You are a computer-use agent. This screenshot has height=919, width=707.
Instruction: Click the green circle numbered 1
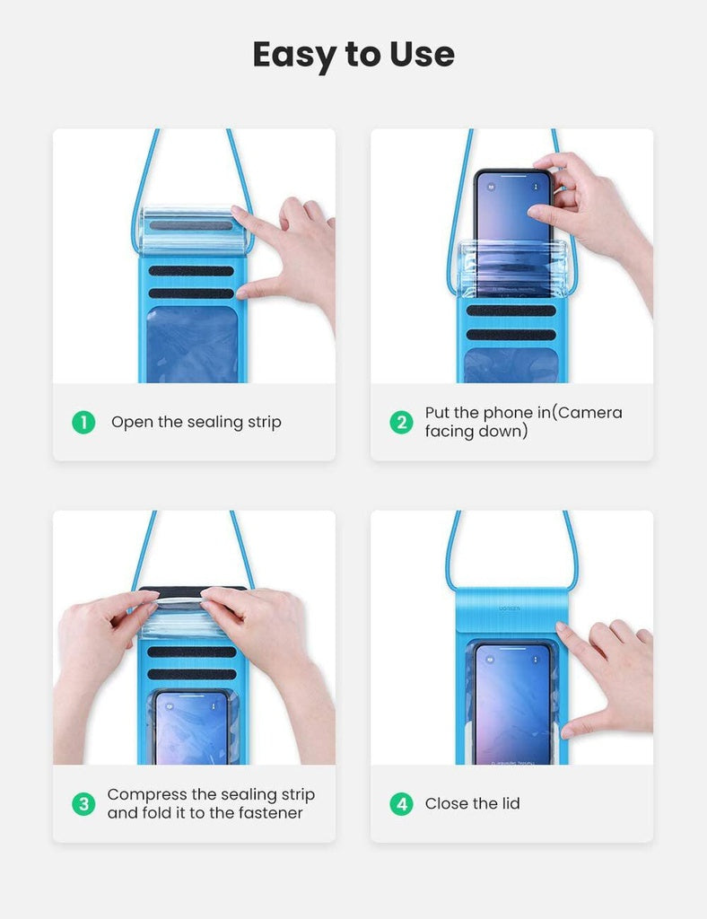(83, 422)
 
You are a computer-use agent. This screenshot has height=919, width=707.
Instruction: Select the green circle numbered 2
(401, 422)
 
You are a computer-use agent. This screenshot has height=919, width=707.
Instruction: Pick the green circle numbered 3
(83, 803)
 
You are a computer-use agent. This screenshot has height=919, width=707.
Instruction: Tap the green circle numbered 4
(401, 803)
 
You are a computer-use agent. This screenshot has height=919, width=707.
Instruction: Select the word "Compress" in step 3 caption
(148, 794)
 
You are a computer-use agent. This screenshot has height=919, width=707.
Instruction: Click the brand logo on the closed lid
(509, 606)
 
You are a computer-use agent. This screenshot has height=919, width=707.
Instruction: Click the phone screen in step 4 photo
(512, 700)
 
